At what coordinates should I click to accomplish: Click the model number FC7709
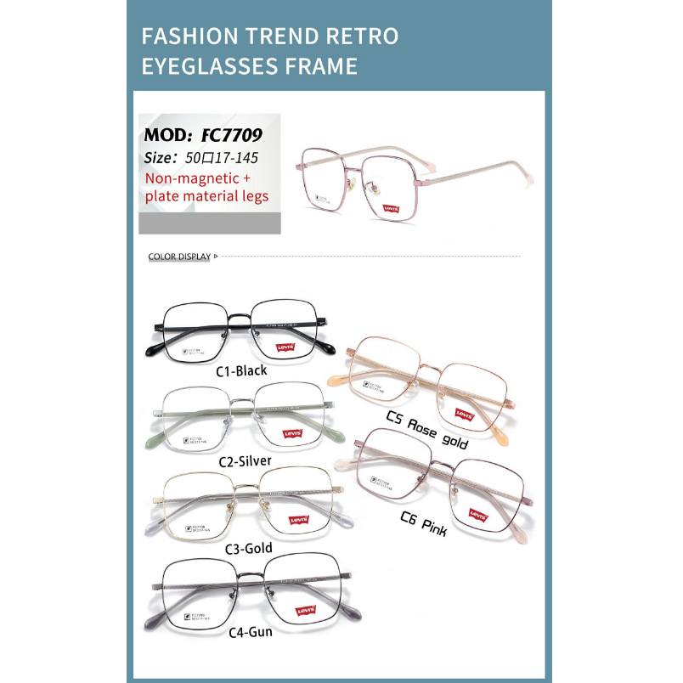tap(231, 134)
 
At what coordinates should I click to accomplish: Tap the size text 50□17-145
tap(217, 157)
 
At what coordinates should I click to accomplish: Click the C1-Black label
tap(241, 370)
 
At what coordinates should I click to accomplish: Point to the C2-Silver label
tap(245, 461)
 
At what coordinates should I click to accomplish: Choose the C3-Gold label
tap(246, 548)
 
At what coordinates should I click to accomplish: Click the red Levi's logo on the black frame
tap(287, 346)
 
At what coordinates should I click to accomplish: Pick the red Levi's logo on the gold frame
tap(298, 520)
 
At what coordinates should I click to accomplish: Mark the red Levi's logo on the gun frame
tap(305, 610)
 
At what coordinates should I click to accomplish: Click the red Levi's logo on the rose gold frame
tap(463, 415)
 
